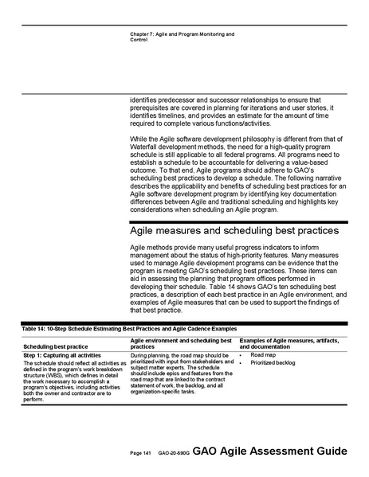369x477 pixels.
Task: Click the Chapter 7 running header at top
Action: click(x=181, y=37)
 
